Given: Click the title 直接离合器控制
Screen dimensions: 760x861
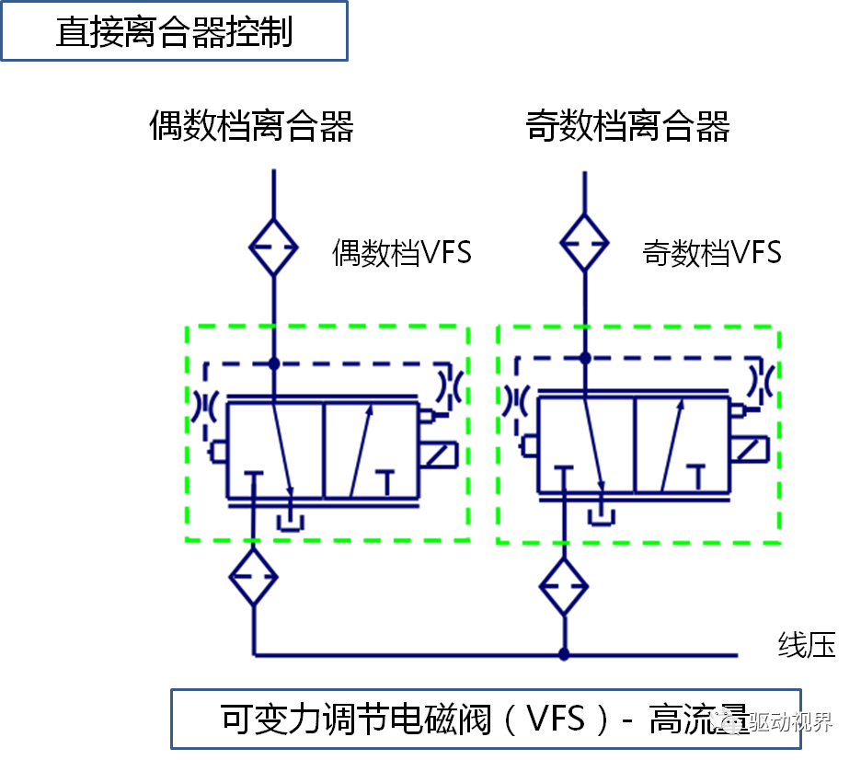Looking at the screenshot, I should coord(174,32).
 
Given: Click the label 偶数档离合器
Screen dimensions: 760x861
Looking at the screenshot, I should coord(251,127).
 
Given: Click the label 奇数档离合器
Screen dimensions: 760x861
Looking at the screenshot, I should coord(627,127).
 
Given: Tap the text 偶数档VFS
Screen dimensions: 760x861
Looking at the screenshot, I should coord(401,253).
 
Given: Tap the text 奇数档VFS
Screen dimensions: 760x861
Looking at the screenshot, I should coord(711,253).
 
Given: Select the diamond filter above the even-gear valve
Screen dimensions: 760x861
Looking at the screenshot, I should coord(274,246).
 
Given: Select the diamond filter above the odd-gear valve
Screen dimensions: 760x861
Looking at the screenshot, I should coord(585,243).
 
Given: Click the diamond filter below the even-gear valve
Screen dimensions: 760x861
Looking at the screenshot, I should coord(253,577).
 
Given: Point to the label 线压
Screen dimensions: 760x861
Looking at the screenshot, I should coord(807,645).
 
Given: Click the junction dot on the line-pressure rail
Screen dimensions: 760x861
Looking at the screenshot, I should coord(564,655).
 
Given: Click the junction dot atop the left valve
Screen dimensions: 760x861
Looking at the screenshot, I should coord(274,363).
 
